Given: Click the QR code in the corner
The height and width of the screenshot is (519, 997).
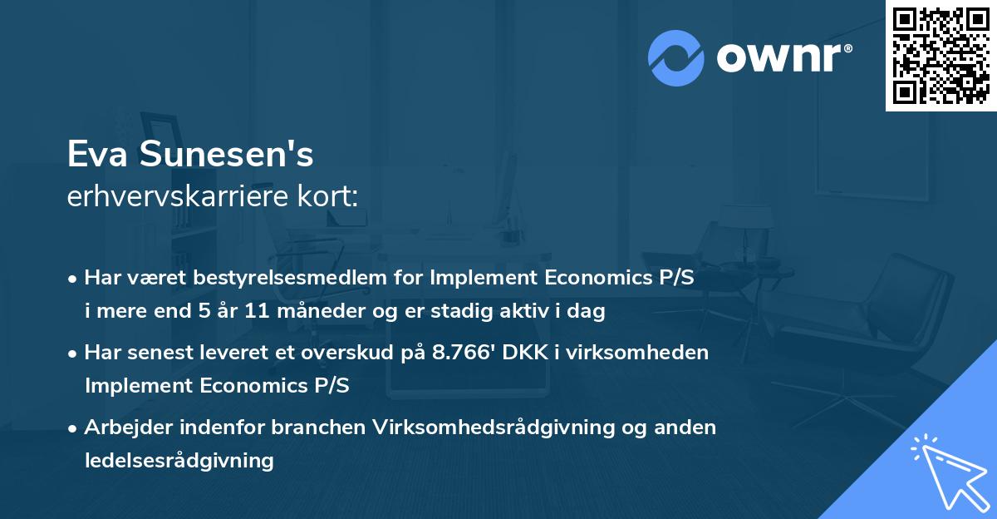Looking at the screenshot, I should click(941, 56).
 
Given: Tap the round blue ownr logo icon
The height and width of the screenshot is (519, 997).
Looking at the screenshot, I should click(675, 57).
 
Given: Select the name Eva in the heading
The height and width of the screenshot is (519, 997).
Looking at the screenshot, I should click(94, 155).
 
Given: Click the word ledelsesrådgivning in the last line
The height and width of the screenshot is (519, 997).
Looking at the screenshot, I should click(179, 460).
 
